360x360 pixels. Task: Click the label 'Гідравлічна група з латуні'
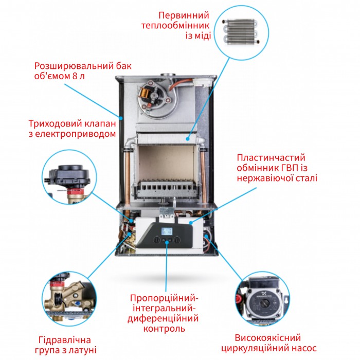(64, 346)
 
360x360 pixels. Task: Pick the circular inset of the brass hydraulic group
(68, 297)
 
